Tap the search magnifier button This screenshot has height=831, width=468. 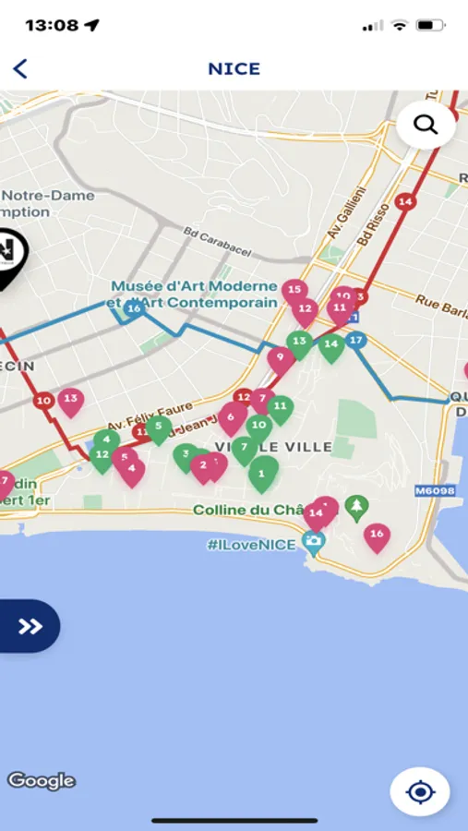click(426, 125)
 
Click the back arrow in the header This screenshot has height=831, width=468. click(20, 68)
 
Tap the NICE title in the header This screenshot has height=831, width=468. click(234, 68)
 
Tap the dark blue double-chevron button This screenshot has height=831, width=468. click(30, 627)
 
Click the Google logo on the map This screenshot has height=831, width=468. click(41, 781)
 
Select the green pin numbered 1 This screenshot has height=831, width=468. click(262, 474)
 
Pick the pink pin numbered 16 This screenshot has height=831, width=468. click(376, 536)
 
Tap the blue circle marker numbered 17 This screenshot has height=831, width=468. click(356, 340)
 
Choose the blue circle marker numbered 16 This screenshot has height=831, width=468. click(135, 309)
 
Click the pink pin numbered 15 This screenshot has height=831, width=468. click(294, 292)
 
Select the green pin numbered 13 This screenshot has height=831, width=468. click(299, 343)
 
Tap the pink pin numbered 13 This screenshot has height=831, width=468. click(70, 401)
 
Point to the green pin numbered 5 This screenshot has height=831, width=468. click(159, 428)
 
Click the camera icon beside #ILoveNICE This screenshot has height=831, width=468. click(314, 544)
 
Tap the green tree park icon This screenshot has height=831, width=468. click(356, 506)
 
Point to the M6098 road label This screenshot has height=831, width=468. click(435, 490)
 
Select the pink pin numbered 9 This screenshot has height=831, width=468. click(280, 358)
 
